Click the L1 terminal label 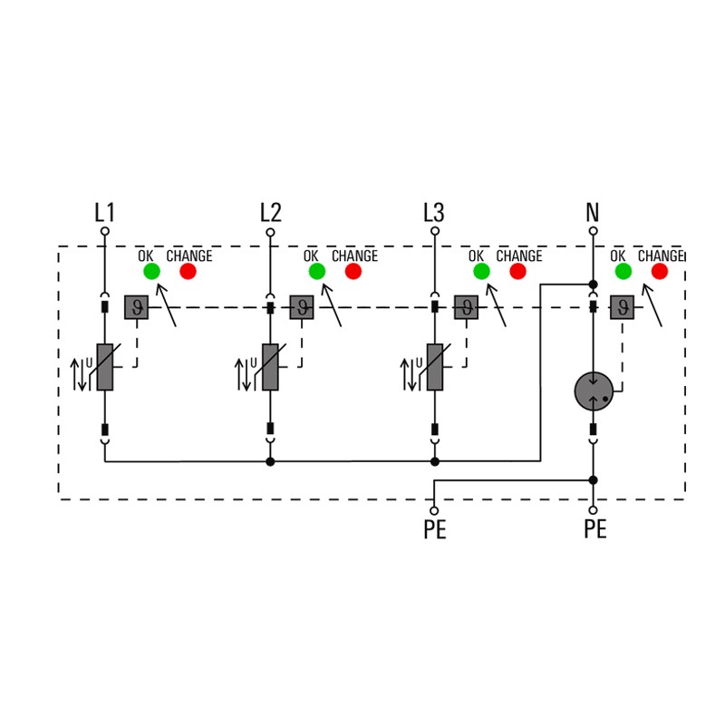click(x=105, y=213)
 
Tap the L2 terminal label click(x=270, y=213)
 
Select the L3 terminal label click(x=434, y=213)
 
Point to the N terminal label click(x=593, y=213)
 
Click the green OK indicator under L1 click(x=151, y=271)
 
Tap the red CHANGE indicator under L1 click(x=188, y=271)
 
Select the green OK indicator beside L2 click(x=316, y=271)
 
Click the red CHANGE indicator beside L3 click(x=518, y=271)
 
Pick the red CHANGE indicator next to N click(x=660, y=271)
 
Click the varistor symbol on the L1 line click(x=105, y=367)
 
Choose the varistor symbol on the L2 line click(x=270, y=367)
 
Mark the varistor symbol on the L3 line click(x=435, y=367)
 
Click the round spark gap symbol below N click(x=594, y=391)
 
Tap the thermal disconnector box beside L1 click(x=136, y=307)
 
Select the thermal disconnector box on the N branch click(x=623, y=307)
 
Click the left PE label click(x=435, y=530)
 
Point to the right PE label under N click(x=594, y=530)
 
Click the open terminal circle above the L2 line click(x=270, y=232)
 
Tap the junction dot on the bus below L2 click(x=270, y=461)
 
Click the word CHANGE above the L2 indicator click(x=353, y=256)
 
